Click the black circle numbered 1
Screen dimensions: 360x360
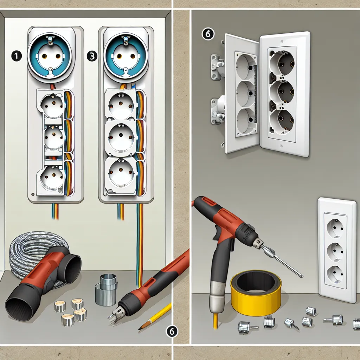click(x=16, y=56)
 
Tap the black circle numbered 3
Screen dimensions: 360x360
click(x=92, y=56)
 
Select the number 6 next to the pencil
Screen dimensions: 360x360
click(x=172, y=331)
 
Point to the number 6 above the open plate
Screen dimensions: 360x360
click(x=208, y=34)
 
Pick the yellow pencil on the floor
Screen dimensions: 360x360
click(x=155, y=316)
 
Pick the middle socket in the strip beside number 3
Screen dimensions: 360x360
click(x=121, y=137)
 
